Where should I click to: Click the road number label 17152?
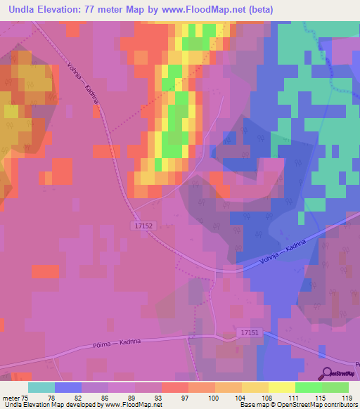point(141,226)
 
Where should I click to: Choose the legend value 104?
point(241,398)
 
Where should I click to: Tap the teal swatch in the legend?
point(41,387)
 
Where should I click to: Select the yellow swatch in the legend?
point(281,387)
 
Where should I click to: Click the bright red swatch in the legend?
point(174,387)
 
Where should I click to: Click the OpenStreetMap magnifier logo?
point(328,372)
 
